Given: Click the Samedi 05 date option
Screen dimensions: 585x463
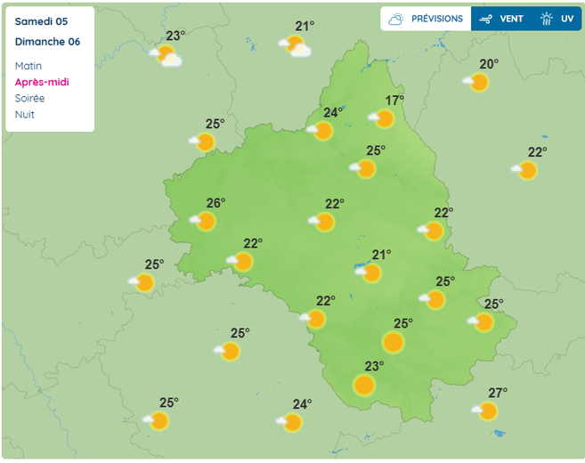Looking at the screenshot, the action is coord(41,21).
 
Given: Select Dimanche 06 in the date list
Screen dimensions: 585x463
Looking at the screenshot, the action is coord(47,42).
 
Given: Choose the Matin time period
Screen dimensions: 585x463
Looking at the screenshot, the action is coord(28,66).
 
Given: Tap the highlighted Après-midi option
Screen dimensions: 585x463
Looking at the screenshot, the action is coord(42,82).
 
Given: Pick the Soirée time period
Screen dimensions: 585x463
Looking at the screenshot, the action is coord(29,98).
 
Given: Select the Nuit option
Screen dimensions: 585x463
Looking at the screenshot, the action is coord(25,114).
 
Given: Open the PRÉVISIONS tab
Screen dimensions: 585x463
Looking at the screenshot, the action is coord(436,19).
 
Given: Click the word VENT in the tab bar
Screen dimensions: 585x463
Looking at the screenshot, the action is coord(511,19).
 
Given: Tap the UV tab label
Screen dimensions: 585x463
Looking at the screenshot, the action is coord(567,19).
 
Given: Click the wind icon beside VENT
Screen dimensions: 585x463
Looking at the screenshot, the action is coord(485,19).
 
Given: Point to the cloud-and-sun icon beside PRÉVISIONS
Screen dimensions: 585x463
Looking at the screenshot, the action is coord(396,19).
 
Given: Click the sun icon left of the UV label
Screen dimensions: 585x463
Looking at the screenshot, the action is coord(547,19).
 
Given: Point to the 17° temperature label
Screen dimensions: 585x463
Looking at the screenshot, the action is coord(394,101).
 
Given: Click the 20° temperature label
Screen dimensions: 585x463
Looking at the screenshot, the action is coord(489,64).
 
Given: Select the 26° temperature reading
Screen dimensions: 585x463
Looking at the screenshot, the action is coord(215,203).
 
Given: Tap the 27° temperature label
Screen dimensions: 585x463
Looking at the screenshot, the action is coord(498,393).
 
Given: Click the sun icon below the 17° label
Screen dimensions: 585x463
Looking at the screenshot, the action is coord(384,118).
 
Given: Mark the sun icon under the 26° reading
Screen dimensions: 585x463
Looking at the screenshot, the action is coord(206,222).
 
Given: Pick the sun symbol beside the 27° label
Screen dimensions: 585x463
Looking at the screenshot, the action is coord(487,411).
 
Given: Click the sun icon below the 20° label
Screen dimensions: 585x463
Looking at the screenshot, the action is coord(478,83).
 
